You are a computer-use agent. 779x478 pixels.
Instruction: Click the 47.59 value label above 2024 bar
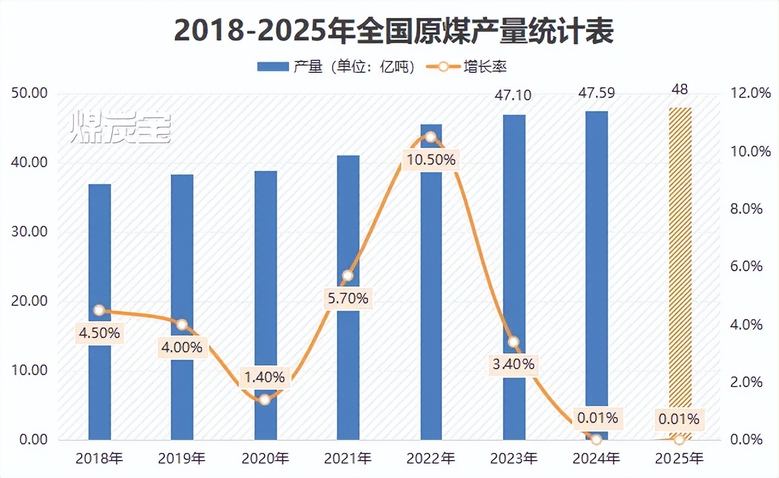597,93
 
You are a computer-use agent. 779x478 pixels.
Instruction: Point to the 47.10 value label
514,96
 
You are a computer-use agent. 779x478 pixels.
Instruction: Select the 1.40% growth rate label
265,378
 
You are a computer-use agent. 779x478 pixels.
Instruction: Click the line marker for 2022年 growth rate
430,137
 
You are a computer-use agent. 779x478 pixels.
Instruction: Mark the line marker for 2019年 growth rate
182,325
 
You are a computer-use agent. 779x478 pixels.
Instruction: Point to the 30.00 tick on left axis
29,232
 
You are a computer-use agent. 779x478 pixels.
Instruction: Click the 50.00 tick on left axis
29,94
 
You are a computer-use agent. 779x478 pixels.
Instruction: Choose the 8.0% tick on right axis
747,209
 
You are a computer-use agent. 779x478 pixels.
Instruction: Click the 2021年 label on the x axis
348,459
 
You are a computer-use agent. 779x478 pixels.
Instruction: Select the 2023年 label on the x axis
514,459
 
